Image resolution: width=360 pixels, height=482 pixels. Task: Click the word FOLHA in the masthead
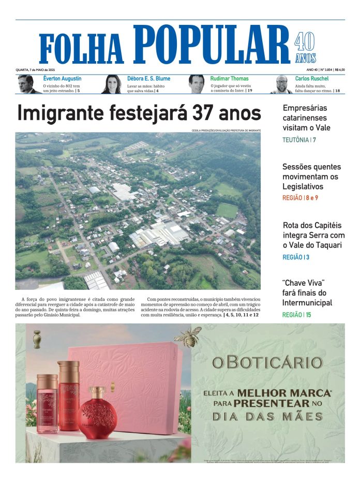82,49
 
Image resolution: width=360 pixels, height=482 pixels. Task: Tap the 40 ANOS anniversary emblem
305,48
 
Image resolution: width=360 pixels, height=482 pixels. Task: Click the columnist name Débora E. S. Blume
148,79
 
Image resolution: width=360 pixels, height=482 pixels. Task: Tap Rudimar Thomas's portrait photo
197,84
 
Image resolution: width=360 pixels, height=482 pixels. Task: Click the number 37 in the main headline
203,113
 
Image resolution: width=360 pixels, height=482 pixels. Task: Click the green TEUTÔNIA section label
296,140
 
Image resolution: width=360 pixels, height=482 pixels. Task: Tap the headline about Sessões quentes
311,177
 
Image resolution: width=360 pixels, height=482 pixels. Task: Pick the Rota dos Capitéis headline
313,235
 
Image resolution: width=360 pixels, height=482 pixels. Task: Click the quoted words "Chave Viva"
303,283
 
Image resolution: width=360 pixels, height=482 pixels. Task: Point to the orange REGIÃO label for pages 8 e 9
292,198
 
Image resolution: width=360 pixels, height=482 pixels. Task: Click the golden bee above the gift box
188,337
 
